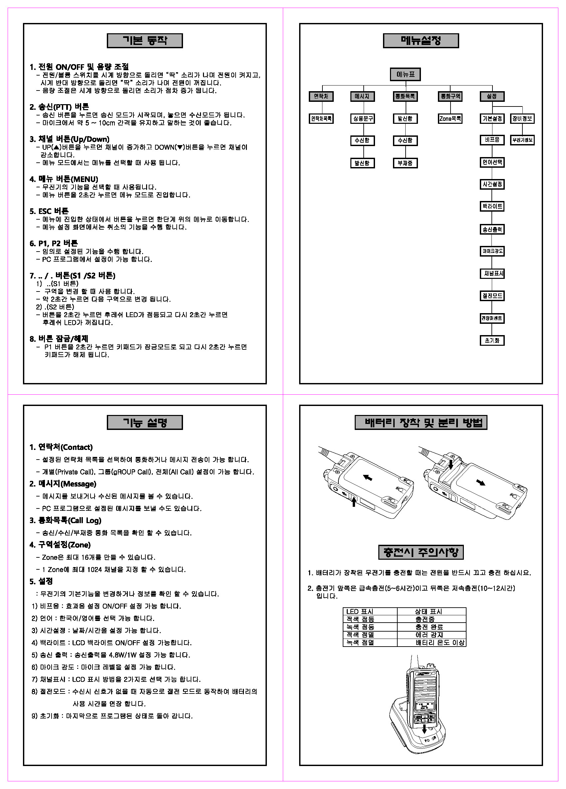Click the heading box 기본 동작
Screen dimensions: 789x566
coord(145,41)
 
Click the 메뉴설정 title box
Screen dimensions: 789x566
coord(421,41)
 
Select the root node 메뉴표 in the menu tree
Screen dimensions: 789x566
coord(405,74)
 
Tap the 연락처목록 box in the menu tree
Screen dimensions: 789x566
coord(321,118)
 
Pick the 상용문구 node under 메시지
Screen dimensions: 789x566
coord(362,118)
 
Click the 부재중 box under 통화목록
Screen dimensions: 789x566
coord(405,163)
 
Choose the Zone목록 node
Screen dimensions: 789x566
coord(450,118)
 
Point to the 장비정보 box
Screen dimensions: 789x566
coord(522,118)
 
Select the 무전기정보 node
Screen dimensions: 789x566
coord(522,140)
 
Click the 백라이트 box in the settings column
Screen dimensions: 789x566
coord(492,206)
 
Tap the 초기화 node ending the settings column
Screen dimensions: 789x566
coord(492,340)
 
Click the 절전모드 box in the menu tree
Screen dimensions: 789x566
coord(492,296)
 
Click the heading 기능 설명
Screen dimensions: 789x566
coord(145,422)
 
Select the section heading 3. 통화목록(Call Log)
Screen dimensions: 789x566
coord(66,520)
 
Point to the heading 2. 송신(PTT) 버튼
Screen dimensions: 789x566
coord(59,107)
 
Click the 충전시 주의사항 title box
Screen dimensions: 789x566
coord(421,552)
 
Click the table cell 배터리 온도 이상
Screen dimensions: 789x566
coord(440,643)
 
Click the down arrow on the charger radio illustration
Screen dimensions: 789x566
coord(424,729)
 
